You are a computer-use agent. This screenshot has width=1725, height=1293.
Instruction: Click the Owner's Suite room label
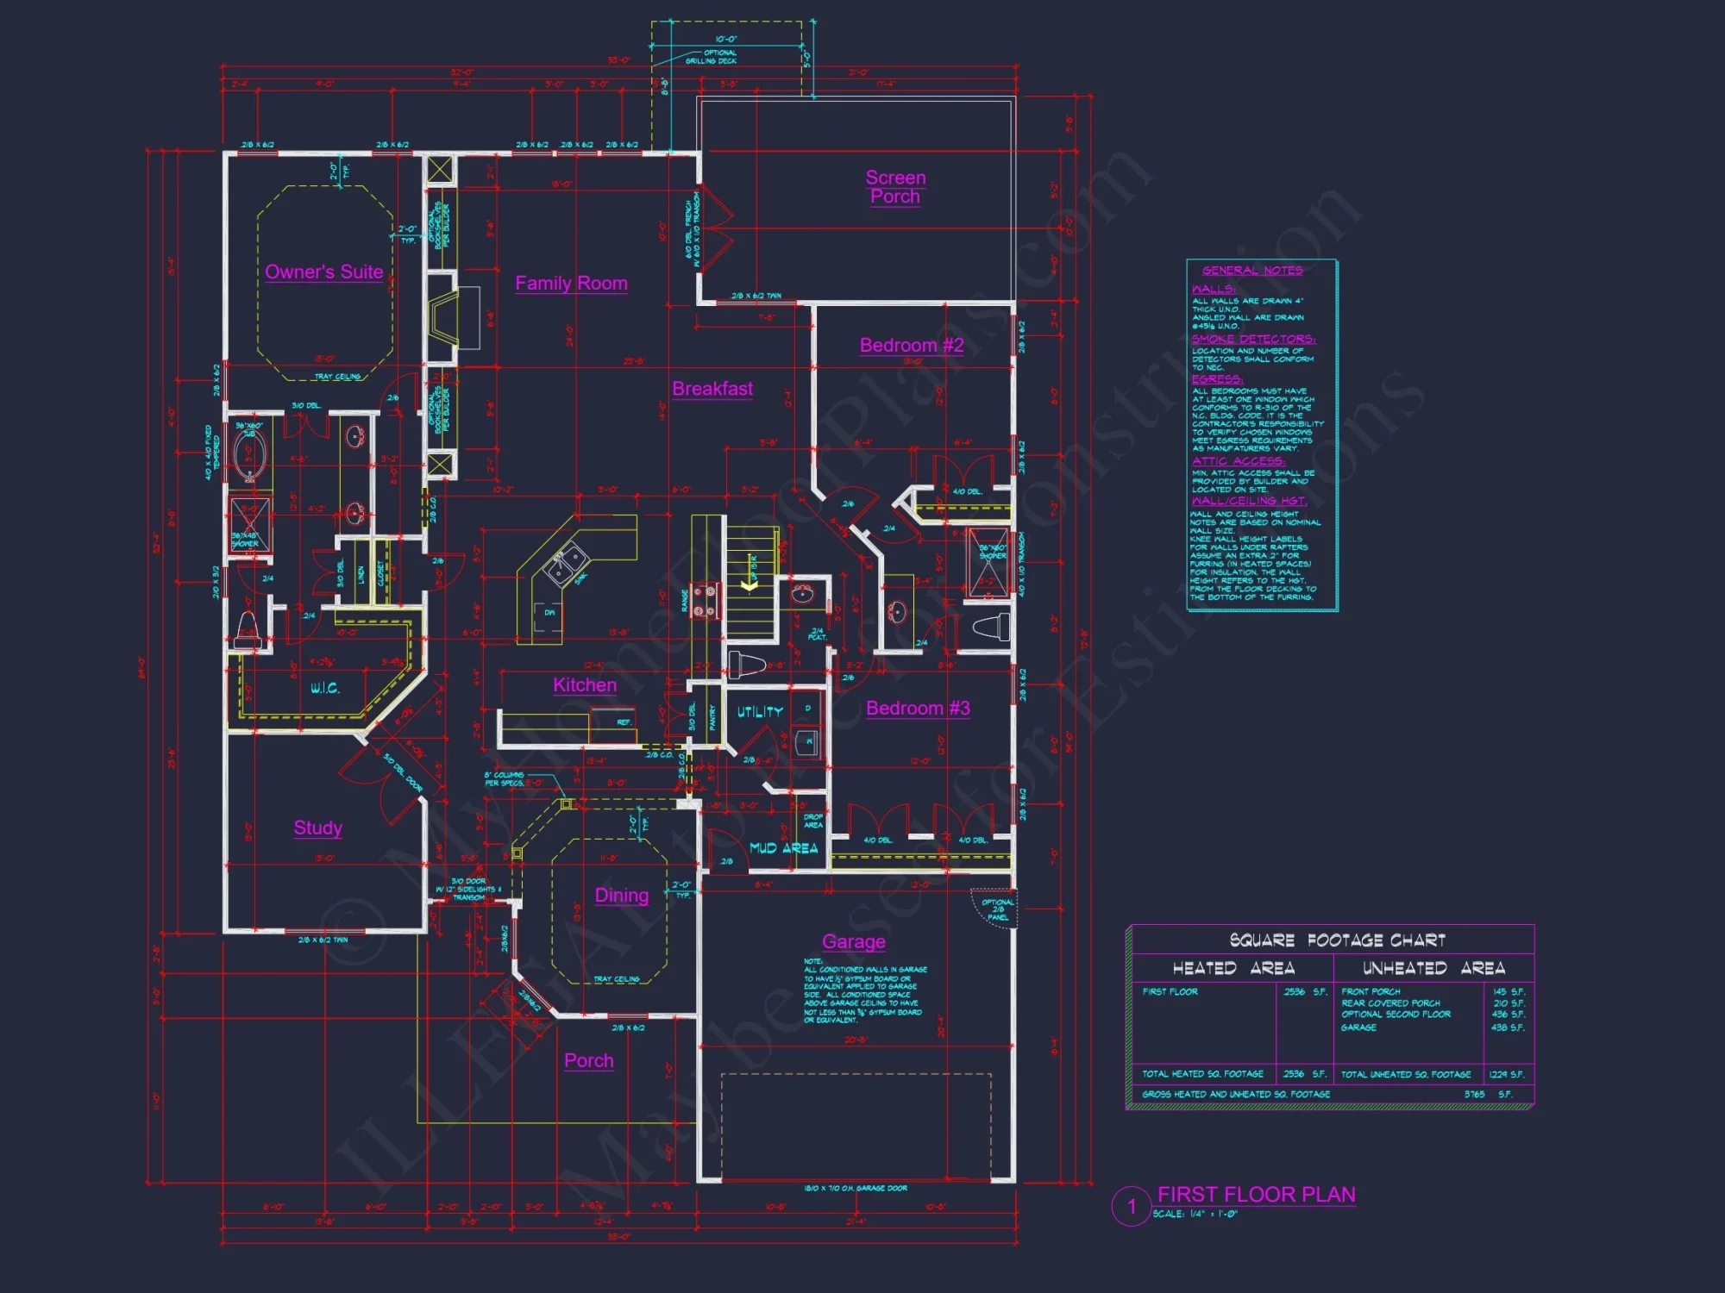pos(323,272)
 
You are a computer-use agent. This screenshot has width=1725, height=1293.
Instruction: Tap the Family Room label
pos(571,284)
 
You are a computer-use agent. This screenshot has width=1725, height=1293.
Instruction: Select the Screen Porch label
pos(895,187)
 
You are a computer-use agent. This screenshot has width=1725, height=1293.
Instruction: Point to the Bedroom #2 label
pos(912,346)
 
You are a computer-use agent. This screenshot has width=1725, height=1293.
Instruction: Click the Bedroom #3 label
pos(918,709)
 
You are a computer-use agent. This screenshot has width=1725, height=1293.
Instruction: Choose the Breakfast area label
pos(712,389)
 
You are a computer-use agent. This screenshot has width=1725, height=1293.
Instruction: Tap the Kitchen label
pos(585,685)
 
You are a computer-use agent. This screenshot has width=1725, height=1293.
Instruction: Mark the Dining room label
pos(622,896)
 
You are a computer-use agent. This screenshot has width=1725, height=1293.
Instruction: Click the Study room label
pos(317,828)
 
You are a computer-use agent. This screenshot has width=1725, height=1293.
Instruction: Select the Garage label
pos(854,942)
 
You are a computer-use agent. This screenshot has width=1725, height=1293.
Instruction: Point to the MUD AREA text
pos(783,848)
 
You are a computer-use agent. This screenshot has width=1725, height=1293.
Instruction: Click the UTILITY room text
pos(760,712)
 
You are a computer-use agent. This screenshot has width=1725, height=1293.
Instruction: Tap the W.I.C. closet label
pos(325,688)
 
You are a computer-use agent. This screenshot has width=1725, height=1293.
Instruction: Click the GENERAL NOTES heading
pos(1252,271)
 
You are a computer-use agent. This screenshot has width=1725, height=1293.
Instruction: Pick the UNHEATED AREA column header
pos(1433,969)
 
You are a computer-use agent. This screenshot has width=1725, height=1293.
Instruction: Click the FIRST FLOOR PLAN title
pos(1256,1195)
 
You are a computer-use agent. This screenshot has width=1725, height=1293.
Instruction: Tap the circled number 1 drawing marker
pos(1132,1207)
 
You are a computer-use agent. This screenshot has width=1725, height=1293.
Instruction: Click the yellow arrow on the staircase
pos(750,584)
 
